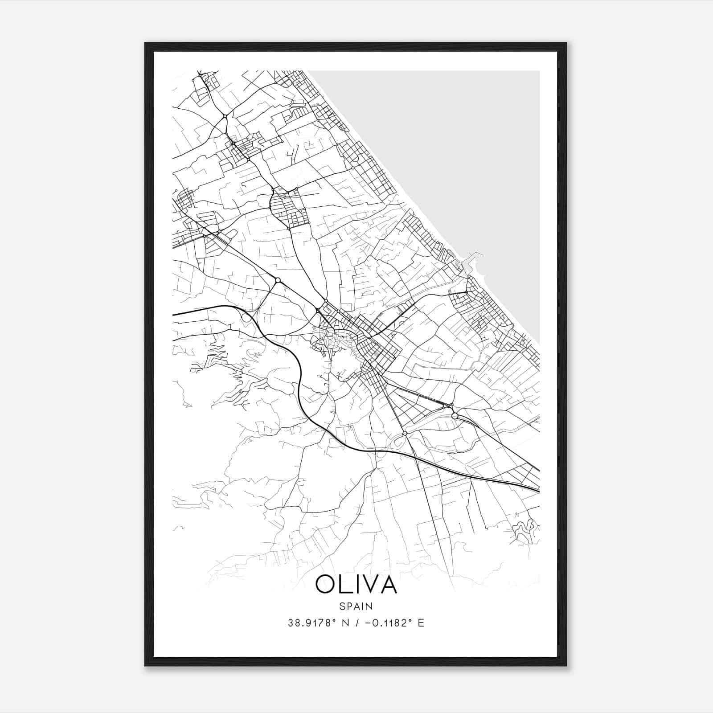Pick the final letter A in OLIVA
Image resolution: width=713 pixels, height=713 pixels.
click(x=389, y=584)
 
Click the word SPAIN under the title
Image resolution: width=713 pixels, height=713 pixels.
click(x=356, y=606)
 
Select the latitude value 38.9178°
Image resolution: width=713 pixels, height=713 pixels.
click(x=311, y=623)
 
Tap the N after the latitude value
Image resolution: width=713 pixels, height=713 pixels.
click(x=344, y=623)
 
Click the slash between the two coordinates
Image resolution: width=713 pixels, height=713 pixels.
click(x=356, y=623)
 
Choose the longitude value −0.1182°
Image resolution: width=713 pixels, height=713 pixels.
click(x=389, y=623)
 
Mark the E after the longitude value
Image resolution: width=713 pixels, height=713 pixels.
click(x=421, y=623)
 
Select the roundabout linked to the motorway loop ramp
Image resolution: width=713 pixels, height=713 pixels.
click(x=278, y=280)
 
